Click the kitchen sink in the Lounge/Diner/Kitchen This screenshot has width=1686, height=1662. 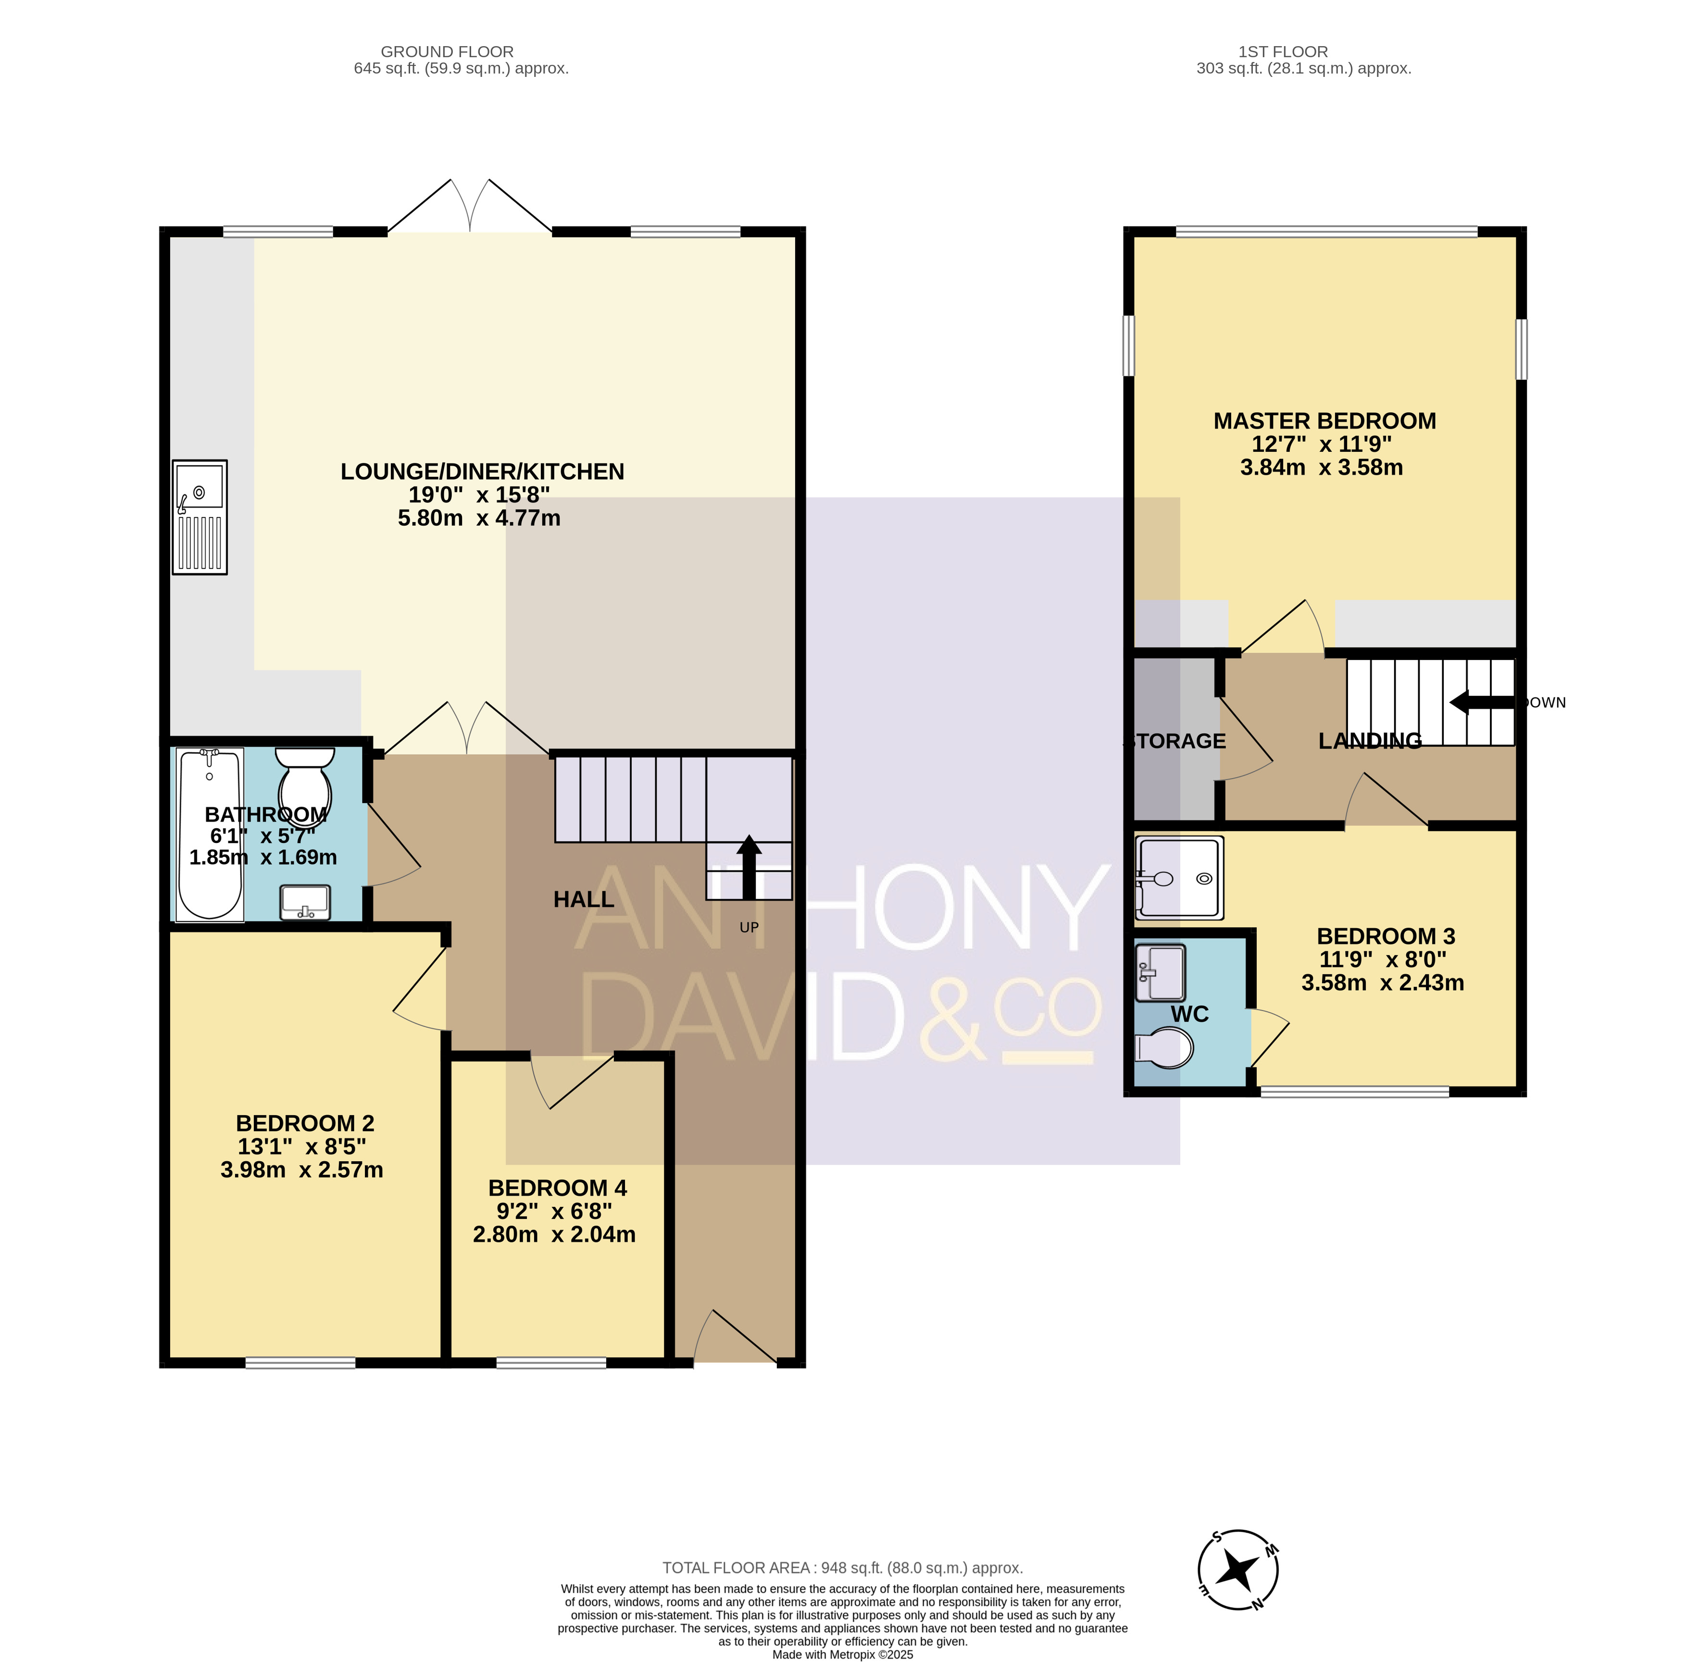pos(200,517)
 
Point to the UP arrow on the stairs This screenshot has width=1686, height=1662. pos(749,867)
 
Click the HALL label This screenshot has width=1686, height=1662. pos(584,899)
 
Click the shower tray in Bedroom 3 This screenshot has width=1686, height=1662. pos(1179,878)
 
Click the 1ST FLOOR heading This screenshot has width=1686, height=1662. pos(1283,51)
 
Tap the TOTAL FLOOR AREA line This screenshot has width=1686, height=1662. pos(842,1568)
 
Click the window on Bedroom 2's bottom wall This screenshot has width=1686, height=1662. pos(300,1363)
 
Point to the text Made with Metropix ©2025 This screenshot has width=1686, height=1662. pos(842,1654)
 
